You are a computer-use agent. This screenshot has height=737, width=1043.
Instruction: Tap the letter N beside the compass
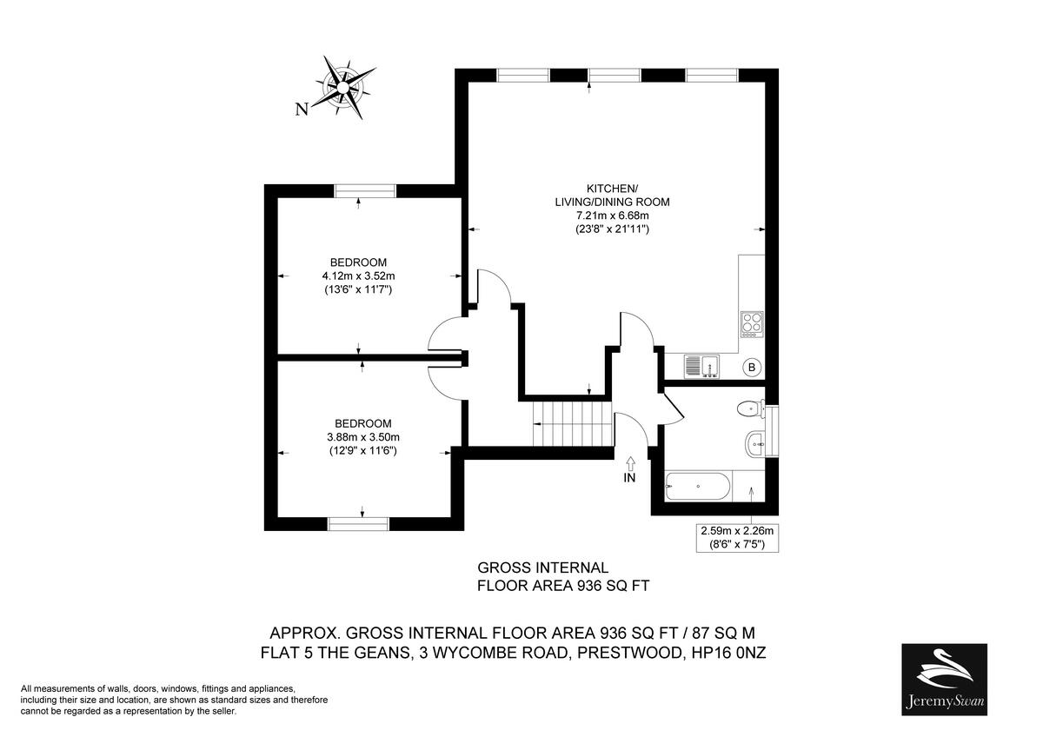point(302,110)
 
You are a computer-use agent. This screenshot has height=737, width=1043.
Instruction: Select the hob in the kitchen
point(751,324)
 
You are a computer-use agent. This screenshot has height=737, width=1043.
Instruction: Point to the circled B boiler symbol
point(752,368)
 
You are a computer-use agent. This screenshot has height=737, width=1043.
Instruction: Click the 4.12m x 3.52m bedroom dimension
point(358,276)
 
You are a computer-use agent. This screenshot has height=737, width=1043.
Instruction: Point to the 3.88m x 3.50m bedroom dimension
point(363,437)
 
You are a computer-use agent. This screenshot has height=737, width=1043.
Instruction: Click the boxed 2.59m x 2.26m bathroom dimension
point(737,536)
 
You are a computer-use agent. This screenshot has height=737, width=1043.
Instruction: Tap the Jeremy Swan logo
point(944,679)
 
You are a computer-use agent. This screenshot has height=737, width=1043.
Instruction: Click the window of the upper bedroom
point(365,191)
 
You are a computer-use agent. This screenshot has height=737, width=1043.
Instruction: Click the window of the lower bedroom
point(358,523)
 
